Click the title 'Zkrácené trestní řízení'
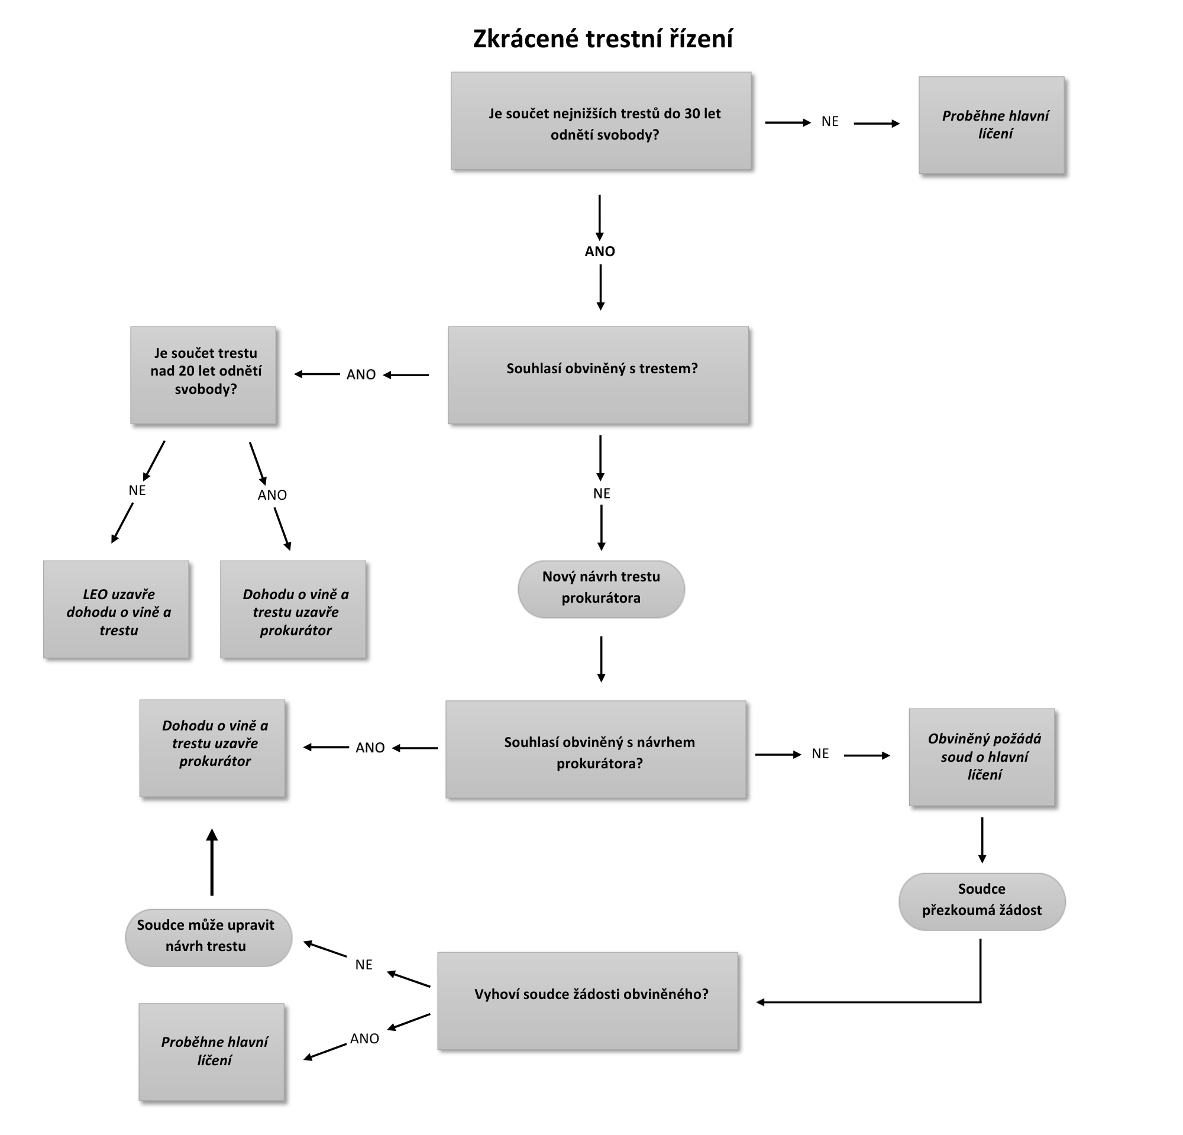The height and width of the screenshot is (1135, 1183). click(x=602, y=39)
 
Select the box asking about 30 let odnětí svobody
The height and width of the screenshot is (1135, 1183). click(x=601, y=121)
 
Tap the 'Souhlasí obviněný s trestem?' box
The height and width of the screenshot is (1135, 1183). click(x=599, y=375)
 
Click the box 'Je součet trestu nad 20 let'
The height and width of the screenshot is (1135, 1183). click(x=203, y=375)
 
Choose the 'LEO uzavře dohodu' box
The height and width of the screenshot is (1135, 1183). click(x=117, y=609)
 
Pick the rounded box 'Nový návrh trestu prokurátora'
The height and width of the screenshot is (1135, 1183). click(x=601, y=588)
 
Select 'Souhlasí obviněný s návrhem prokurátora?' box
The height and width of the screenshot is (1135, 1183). click(x=596, y=749)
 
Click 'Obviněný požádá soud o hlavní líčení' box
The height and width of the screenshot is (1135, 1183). click(x=982, y=756)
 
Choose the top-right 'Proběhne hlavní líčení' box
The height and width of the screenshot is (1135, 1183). click(x=992, y=125)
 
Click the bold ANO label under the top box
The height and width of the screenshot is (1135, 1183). click(x=599, y=251)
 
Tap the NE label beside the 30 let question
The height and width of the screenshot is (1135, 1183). click(x=830, y=122)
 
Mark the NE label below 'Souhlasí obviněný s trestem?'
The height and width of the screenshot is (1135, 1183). click(x=601, y=494)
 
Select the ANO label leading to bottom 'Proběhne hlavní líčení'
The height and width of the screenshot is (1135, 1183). click(x=364, y=1039)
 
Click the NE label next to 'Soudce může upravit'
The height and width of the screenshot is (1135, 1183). click(x=363, y=965)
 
